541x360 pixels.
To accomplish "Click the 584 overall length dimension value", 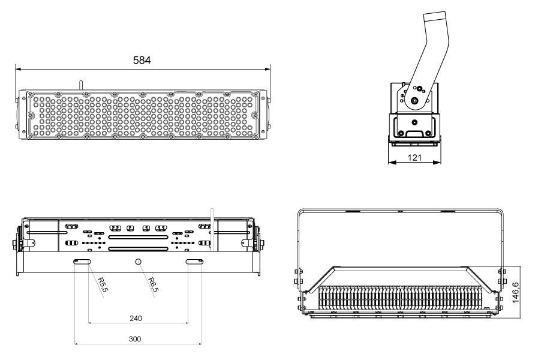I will pyautogui.click(x=142, y=60).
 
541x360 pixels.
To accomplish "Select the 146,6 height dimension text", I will pyautogui.click(x=516, y=290).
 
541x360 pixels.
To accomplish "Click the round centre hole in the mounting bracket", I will pyautogui.click(x=139, y=262).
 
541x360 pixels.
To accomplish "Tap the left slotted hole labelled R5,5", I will pyautogui.click(x=82, y=262).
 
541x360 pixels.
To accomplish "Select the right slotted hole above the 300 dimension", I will pyautogui.click(x=194, y=262).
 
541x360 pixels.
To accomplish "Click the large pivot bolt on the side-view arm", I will pyautogui.click(x=414, y=100).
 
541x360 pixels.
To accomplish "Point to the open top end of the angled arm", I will pyautogui.click(x=435, y=16).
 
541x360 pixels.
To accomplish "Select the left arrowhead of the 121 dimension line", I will pyautogui.click(x=391, y=163).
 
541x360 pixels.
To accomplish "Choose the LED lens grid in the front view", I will pyautogui.click(x=142, y=115).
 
